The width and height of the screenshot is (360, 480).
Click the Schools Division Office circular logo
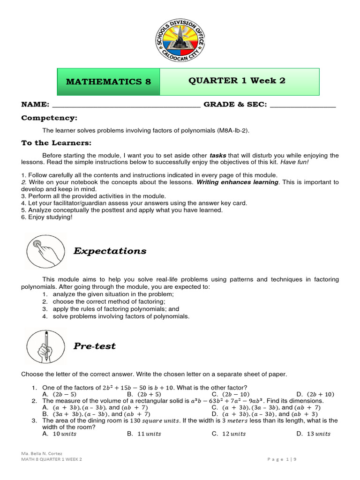[180, 41]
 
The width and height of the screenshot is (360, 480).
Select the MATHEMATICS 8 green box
[109, 82]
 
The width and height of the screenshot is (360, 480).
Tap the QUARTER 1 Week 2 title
[237, 81]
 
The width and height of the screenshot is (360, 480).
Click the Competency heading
[49, 118]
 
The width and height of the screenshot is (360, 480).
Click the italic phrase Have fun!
[295, 162]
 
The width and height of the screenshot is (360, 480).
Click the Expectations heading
[110, 251]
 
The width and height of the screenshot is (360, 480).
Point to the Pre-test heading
[94, 346]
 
